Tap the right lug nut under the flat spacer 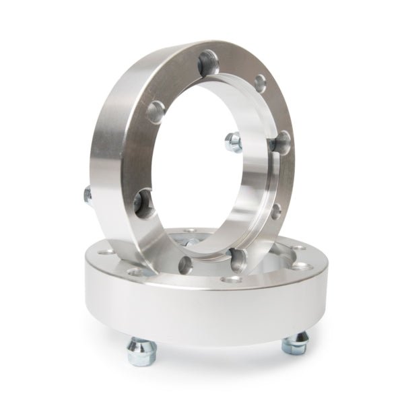(294, 345)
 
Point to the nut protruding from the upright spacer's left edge (86, 195)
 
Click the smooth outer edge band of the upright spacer (111, 135)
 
